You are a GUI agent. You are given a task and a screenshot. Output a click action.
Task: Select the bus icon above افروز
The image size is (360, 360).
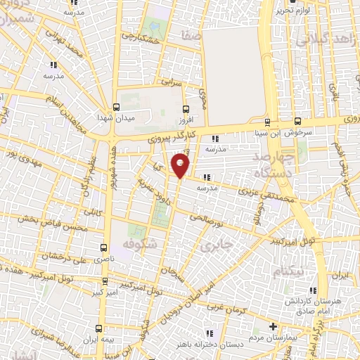tap(186, 109)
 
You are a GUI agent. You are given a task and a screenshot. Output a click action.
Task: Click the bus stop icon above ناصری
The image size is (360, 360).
tap(104, 247)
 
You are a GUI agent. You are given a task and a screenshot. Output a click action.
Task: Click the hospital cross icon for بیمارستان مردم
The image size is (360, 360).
tap(274, 326)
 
